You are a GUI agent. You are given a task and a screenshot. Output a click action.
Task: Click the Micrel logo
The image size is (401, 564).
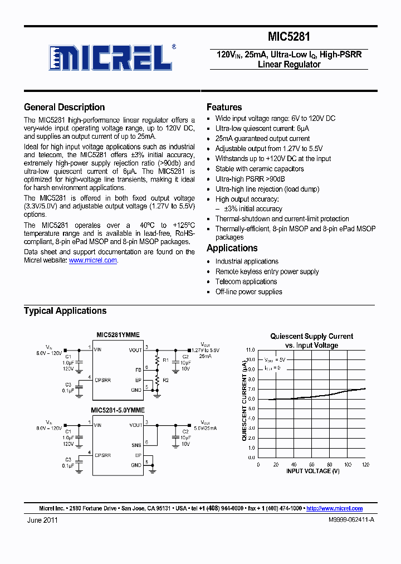click(x=112, y=57)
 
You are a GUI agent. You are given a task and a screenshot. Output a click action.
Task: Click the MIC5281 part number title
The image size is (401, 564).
click(x=288, y=37)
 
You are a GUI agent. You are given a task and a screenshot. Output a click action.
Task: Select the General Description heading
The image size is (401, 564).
click(x=64, y=107)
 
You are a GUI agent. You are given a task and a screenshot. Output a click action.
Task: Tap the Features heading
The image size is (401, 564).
click(x=224, y=107)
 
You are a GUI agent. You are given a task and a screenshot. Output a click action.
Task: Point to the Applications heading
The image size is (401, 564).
click(x=232, y=248)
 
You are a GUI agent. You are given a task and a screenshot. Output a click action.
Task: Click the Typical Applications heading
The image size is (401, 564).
click(x=65, y=310)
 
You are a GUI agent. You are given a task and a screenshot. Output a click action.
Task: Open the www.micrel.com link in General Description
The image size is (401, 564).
click(x=93, y=260)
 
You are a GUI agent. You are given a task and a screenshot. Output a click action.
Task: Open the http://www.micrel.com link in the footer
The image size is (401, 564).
click(x=334, y=508)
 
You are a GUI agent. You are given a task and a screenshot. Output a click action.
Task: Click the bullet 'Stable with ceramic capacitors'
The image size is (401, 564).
click(x=260, y=169)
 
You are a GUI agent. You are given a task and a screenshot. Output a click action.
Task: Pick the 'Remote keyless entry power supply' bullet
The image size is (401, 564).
click(x=267, y=271)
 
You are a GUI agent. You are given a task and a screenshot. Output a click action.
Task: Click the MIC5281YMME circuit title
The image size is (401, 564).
click(x=118, y=335)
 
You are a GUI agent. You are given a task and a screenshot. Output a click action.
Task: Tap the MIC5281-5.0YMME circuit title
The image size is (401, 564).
click(x=118, y=410)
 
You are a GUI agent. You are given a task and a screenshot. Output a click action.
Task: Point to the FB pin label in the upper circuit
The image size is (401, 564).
click(x=139, y=369)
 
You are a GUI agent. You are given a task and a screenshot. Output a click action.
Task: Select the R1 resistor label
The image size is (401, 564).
click(x=165, y=359)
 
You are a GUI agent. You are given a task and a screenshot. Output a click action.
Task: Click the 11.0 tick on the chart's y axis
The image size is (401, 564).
click(x=250, y=350)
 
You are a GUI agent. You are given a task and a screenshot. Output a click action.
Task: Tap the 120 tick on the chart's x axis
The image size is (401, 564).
click(x=365, y=464)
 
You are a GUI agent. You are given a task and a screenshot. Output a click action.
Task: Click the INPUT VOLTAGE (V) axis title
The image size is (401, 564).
click(x=312, y=471)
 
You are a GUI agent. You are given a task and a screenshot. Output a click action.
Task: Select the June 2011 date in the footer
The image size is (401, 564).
click(x=42, y=519)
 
